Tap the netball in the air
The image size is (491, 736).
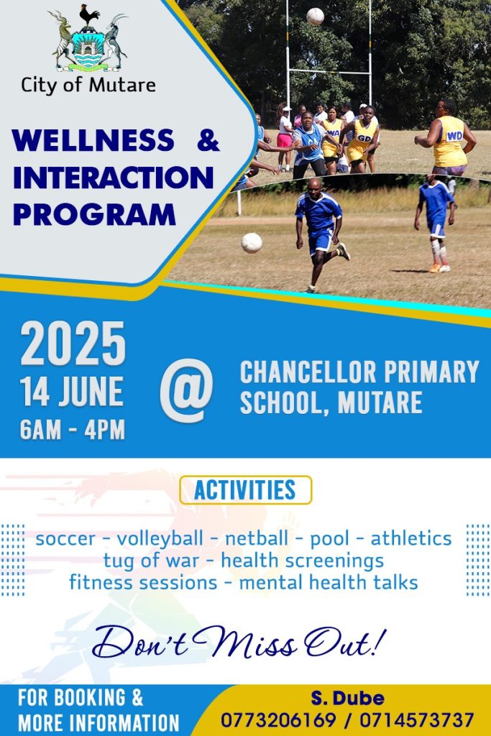(315, 17)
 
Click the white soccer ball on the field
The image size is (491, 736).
(252, 243)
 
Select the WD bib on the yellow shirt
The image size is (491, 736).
(454, 136)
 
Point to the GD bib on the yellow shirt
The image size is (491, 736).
(364, 138)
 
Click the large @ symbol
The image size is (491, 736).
(186, 390)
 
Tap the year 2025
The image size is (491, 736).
(73, 344)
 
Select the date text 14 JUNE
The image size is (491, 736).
(72, 392)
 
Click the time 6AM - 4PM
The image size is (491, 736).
(73, 430)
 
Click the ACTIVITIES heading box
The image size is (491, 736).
(246, 490)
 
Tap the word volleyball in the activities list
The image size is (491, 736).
(160, 539)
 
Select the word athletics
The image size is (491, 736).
(411, 538)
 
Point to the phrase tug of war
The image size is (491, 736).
(151, 561)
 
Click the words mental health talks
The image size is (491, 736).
(329, 582)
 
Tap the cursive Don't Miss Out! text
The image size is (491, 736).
(239, 642)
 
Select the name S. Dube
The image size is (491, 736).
(347, 699)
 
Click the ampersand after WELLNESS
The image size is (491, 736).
(208, 140)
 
